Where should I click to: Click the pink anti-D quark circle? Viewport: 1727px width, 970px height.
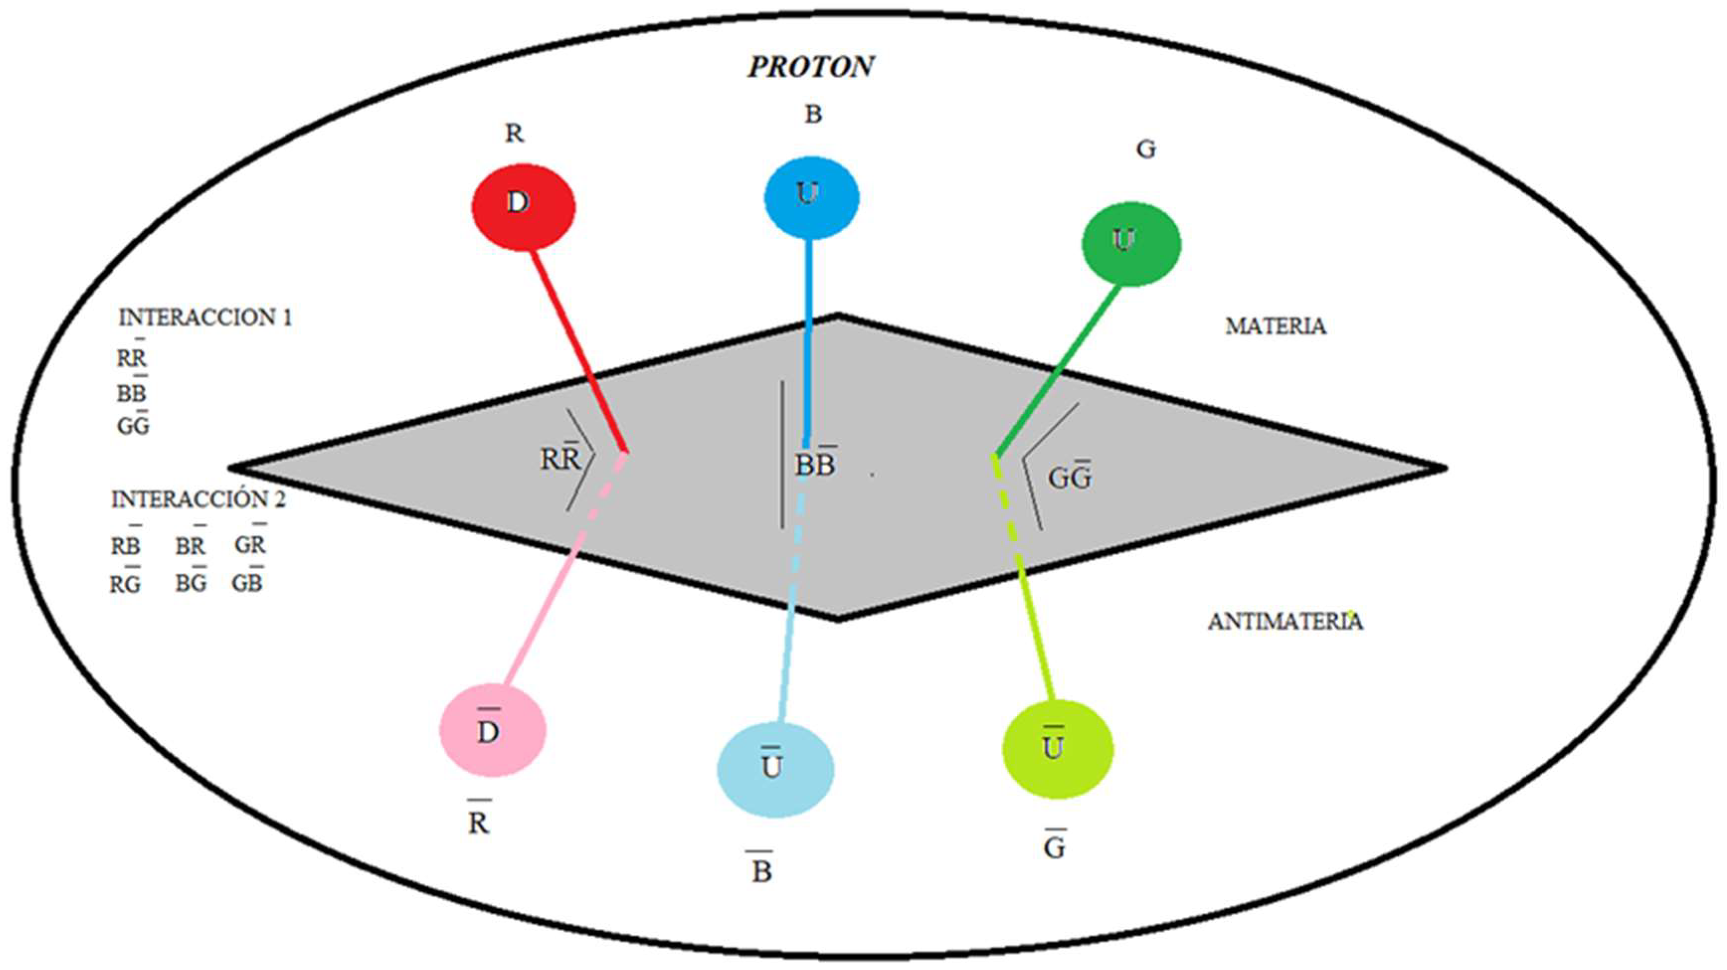(493, 730)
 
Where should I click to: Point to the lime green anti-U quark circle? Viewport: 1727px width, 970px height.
(1057, 749)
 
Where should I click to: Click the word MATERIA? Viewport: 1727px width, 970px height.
(1275, 326)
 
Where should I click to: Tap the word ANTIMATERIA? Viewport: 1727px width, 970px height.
(1285, 622)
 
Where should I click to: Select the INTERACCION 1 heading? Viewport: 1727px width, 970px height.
(205, 318)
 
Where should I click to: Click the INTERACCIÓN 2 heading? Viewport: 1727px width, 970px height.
(198, 499)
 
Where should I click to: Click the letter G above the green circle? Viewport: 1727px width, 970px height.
(1146, 149)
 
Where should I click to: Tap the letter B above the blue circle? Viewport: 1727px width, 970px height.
(813, 115)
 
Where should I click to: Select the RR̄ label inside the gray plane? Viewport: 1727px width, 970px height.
(560, 459)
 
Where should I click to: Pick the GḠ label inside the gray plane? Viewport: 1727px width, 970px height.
(1070, 477)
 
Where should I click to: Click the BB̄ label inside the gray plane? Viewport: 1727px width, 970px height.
(815, 464)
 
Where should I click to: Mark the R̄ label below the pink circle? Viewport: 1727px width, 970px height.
(479, 822)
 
